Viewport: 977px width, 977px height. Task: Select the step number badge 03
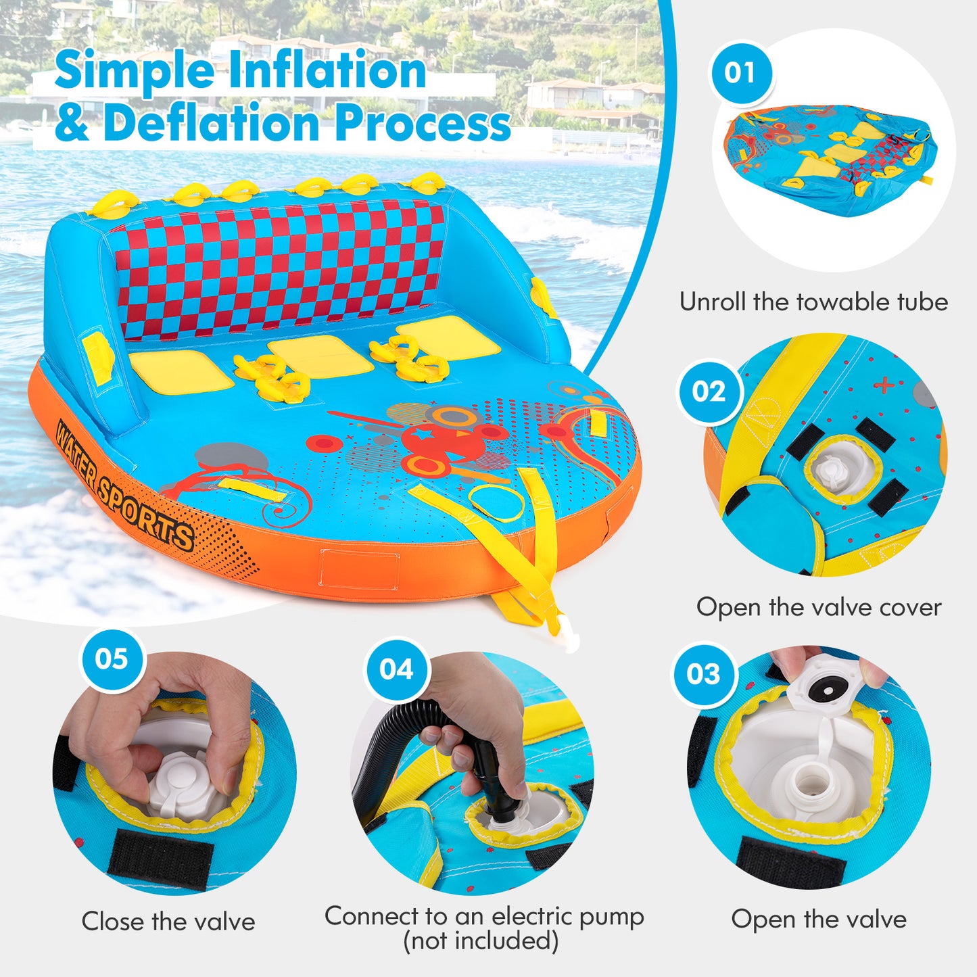point(703,673)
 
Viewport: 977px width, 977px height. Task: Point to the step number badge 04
point(396,669)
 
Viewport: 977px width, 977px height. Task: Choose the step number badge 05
point(112,659)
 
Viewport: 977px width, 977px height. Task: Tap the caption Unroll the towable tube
point(813,302)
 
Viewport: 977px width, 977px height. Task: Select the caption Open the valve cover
point(819,607)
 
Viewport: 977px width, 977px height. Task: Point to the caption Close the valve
point(168,922)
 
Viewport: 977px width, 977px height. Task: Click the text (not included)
point(481,940)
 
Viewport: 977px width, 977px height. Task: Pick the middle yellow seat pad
point(320,355)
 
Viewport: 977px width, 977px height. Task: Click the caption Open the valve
point(819,920)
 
